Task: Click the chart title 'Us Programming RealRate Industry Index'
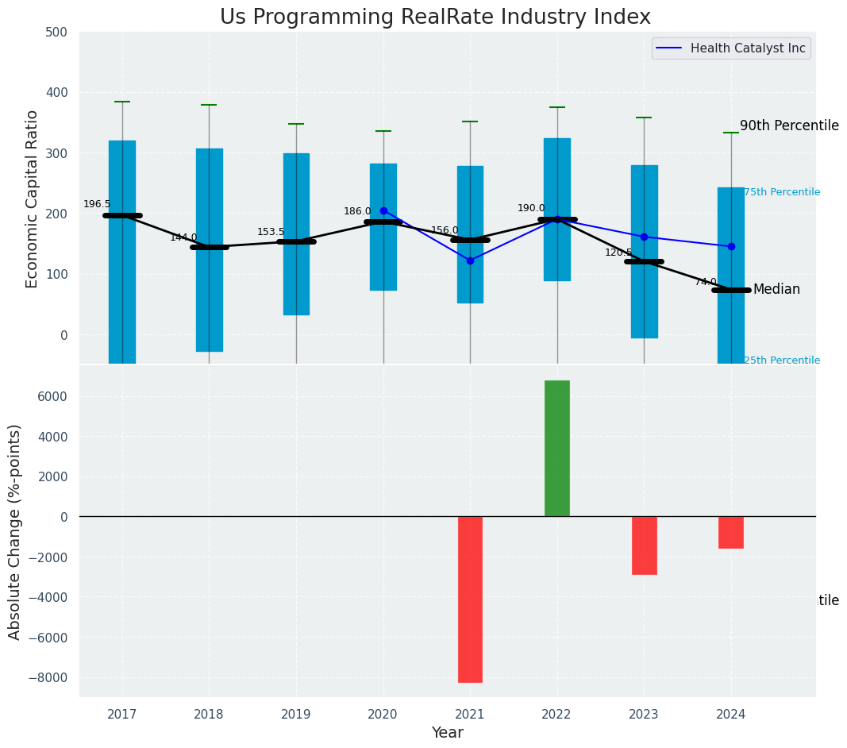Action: (435, 17)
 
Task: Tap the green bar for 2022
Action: (557, 449)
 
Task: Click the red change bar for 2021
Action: (470, 599)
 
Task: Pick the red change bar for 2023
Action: (644, 545)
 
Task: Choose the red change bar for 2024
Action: (731, 532)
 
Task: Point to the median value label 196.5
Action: (97, 205)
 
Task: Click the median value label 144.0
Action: (183, 237)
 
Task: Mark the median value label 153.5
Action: (271, 232)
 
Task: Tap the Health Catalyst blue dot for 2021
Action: (470, 260)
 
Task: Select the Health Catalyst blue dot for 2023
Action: (644, 237)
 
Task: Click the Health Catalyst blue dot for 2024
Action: (731, 246)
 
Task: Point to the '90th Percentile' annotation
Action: (789, 125)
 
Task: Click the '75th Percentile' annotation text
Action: (782, 192)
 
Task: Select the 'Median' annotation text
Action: (776, 290)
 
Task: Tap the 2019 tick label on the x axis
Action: (296, 715)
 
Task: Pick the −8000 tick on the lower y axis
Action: (49, 678)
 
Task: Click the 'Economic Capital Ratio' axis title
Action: (33, 199)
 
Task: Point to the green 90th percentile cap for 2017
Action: (122, 102)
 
